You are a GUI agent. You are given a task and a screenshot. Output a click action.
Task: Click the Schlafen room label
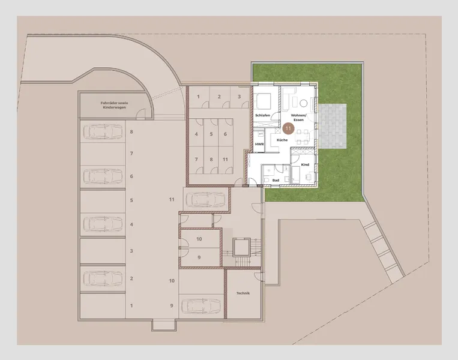[x=262, y=114]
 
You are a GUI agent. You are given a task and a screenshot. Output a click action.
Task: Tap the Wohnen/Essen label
[x=298, y=117]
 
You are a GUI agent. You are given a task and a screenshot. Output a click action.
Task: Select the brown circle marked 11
[x=288, y=128]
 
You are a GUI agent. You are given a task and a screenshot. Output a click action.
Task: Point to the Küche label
[x=282, y=140]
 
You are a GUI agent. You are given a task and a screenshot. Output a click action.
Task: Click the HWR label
[x=259, y=145]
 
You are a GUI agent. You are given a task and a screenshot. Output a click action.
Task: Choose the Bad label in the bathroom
[x=276, y=179]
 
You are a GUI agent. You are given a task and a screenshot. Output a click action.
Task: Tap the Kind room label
[x=305, y=164]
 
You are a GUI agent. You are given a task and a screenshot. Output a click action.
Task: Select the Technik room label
[x=243, y=292]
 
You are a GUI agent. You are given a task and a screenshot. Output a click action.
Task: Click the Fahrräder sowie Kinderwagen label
[x=112, y=106]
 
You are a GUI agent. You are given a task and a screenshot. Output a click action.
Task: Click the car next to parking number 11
[x=206, y=199]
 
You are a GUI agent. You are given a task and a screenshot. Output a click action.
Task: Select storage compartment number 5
[x=211, y=134]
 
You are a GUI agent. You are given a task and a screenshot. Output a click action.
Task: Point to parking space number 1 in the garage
[x=131, y=305]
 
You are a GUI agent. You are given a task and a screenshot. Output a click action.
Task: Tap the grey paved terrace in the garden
[x=332, y=127]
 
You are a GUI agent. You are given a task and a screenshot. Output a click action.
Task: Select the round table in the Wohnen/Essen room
[x=303, y=101]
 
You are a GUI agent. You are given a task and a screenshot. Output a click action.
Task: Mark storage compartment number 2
[x=219, y=97]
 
